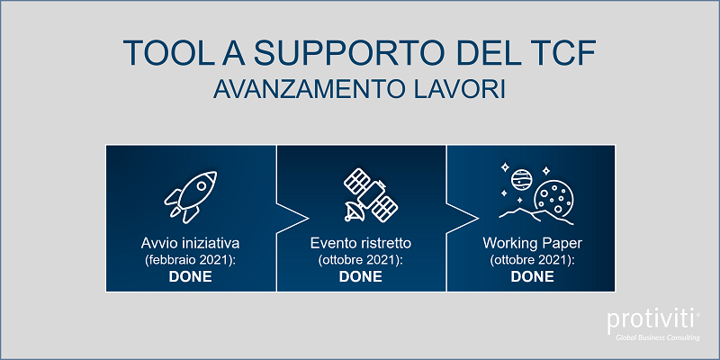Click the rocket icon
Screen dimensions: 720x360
click(191, 196)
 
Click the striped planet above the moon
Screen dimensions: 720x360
click(520, 179)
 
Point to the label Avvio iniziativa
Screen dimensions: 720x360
click(191, 243)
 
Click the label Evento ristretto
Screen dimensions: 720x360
click(361, 243)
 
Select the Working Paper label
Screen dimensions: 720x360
click(532, 243)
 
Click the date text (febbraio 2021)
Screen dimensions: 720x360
click(191, 260)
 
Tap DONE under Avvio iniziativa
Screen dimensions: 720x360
click(191, 276)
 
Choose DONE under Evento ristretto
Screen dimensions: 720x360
click(361, 276)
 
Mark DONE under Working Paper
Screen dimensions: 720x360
click(532, 276)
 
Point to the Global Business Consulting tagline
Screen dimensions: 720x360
click(658, 338)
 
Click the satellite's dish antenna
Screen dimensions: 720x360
click(354, 211)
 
